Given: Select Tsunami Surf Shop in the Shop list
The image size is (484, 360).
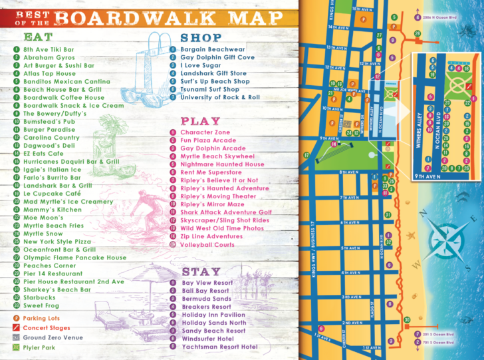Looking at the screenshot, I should [210, 89].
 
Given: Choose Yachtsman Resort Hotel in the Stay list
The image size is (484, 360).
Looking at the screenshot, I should [219, 347].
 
